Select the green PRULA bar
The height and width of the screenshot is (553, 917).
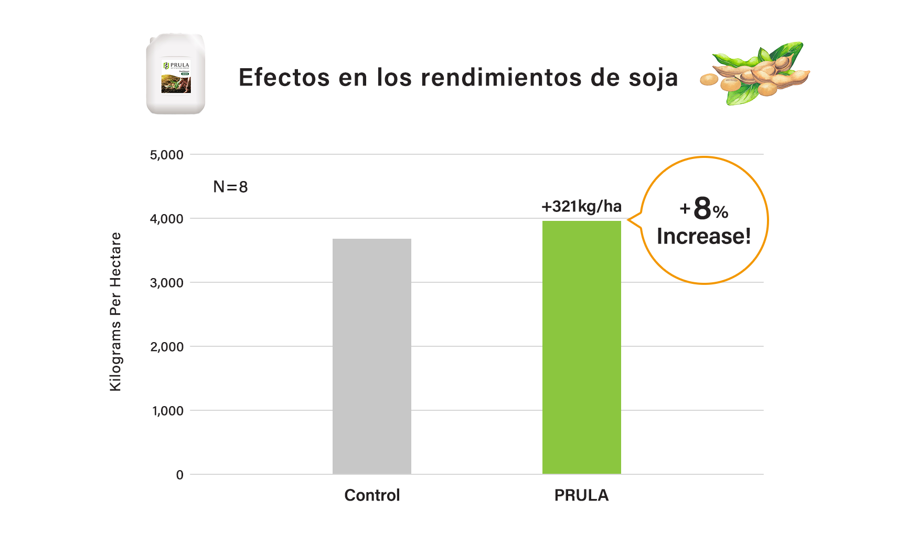pos(581,347)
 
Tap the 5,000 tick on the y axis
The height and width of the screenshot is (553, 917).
pos(167,155)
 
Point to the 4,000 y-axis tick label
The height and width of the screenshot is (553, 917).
pos(167,219)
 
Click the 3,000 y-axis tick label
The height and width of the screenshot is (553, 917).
pos(167,283)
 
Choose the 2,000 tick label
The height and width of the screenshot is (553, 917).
pos(167,347)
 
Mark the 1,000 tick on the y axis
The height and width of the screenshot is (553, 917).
pos(168,411)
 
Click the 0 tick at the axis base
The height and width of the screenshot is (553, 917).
pos(180,475)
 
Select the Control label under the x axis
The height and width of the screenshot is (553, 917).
pos(372,495)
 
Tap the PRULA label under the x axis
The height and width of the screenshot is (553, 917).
pos(581,495)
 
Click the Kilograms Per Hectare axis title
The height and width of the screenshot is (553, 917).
pos(115,312)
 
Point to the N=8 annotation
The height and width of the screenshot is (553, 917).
pos(230,187)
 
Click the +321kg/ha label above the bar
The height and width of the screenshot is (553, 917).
pos(581,206)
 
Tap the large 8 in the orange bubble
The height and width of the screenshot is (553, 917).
pos(702,208)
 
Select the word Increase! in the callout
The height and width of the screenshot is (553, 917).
pos(703,236)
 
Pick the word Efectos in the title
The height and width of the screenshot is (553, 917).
pos(284,78)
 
